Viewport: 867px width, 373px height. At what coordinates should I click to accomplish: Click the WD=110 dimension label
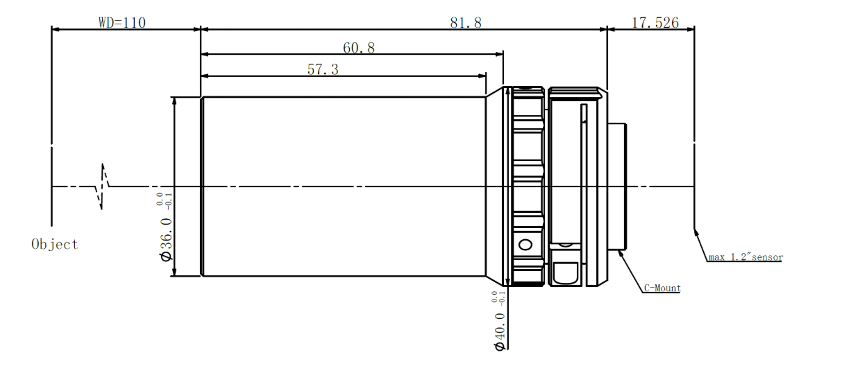122,22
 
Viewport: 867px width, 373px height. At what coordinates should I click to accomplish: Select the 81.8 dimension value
466,23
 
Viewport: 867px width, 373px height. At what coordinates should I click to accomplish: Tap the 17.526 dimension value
655,23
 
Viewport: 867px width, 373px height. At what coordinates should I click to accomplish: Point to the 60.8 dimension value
359,48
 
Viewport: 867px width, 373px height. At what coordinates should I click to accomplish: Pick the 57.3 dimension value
323,69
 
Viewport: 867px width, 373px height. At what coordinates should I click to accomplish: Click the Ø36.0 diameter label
167,239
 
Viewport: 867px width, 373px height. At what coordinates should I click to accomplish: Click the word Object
55,244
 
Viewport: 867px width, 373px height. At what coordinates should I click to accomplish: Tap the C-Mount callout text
662,288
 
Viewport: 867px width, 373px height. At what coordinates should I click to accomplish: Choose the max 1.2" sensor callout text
746,257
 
